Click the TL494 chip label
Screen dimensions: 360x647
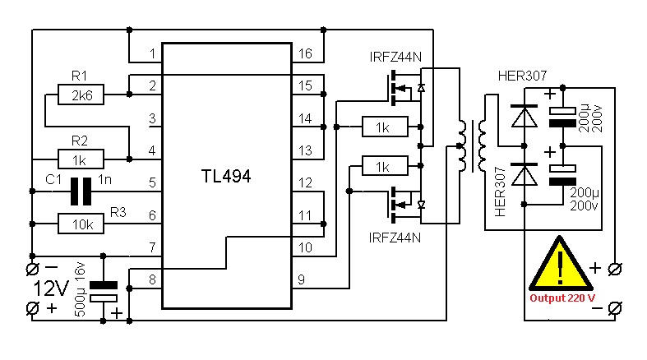point(226,176)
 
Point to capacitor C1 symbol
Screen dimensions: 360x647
point(80,191)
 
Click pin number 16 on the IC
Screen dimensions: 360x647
point(305,54)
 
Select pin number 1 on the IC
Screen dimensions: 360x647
point(151,54)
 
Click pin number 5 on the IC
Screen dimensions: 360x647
point(151,183)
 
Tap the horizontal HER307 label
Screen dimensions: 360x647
point(522,76)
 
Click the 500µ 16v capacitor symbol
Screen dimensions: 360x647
point(104,292)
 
